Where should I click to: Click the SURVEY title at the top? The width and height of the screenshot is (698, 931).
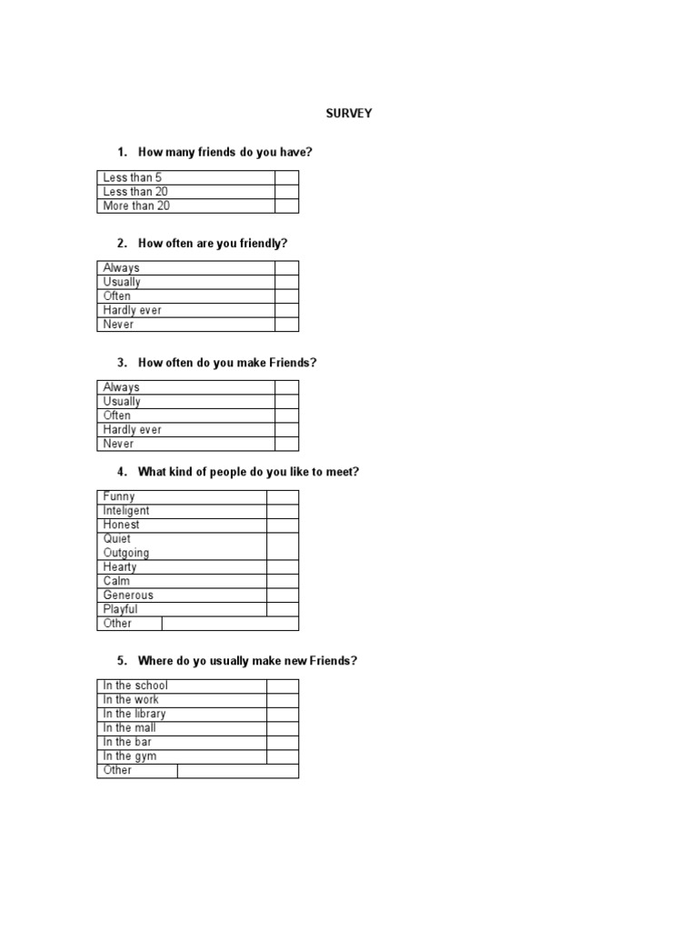tap(349, 114)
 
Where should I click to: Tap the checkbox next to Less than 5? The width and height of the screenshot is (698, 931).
tap(286, 177)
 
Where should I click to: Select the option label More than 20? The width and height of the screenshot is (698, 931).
tap(136, 206)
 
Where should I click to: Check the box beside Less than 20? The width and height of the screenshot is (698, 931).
tap(286, 192)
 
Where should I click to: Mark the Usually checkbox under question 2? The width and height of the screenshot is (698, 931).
tap(286, 282)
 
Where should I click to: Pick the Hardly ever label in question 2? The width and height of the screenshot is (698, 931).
tap(133, 310)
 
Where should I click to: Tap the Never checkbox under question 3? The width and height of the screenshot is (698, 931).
tap(286, 444)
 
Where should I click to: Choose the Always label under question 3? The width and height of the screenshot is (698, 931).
tap(122, 387)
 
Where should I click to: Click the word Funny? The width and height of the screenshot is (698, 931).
tap(119, 496)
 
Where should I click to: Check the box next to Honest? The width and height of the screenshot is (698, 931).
tap(282, 525)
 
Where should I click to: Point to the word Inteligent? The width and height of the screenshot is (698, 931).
tap(126, 511)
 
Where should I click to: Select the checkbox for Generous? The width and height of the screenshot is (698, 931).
tap(282, 596)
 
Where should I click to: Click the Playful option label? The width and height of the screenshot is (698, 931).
tap(121, 609)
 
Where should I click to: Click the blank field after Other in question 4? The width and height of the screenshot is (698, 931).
tap(230, 624)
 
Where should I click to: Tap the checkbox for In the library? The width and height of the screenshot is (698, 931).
tap(282, 714)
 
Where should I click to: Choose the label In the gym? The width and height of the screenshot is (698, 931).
tap(130, 756)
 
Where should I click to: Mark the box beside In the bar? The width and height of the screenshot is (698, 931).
tap(282, 742)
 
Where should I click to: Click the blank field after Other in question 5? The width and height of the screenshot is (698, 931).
tap(237, 771)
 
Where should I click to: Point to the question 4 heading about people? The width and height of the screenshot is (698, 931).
tap(248, 472)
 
